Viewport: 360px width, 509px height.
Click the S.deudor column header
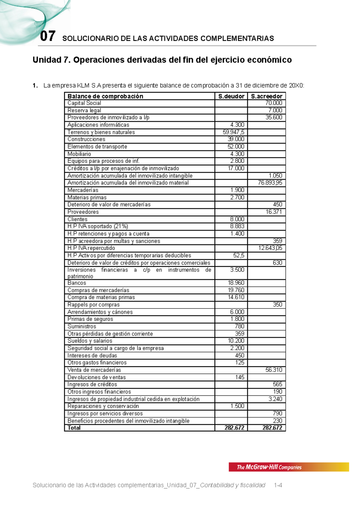[x=231, y=96]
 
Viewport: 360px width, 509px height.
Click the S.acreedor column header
[x=266, y=96]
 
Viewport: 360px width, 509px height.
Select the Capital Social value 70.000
[x=274, y=103]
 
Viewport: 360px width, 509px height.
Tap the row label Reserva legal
[x=84, y=110]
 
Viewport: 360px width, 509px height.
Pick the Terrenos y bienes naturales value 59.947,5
[x=233, y=132]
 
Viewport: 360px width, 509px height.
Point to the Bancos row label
[x=77, y=283]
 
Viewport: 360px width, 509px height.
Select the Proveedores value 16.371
[x=274, y=212]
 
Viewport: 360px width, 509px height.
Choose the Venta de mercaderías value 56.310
[x=274, y=370]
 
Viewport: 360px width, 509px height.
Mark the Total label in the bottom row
[x=74, y=428]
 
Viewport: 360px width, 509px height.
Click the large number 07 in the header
[x=48, y=37]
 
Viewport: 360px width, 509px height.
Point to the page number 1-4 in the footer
[x=278, y=485]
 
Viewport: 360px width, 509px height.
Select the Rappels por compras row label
[x=94, y=305]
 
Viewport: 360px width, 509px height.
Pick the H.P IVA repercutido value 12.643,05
[x=270, y=248]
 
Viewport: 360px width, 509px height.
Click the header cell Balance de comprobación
[x=105, y=96]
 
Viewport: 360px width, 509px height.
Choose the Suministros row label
[x=82, y=326]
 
